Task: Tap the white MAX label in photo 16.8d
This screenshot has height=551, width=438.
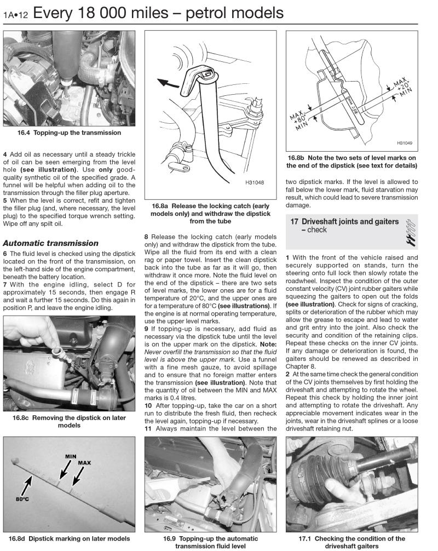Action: tap(85, 462)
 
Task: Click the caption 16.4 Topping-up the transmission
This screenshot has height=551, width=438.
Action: tap(70, 133)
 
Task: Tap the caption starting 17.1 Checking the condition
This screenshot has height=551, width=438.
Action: tap(360, 542)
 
